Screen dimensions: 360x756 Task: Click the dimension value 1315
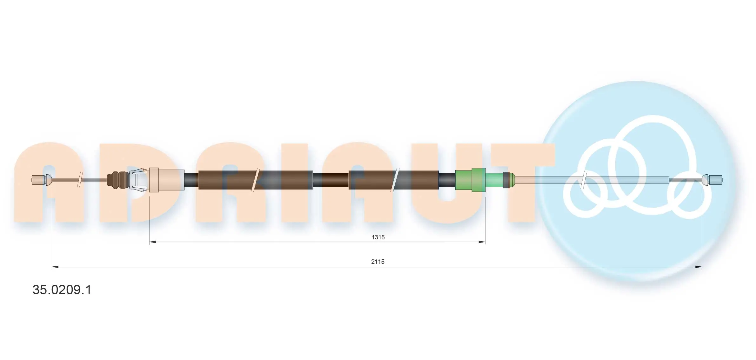[x=378, y=237]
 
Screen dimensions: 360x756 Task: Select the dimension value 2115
[x=378, y=262]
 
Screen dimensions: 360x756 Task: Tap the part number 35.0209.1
[x=62, y=290]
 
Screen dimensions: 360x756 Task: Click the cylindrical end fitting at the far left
[x=37, y=180]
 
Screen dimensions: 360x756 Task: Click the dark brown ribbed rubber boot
[x=117, y=180]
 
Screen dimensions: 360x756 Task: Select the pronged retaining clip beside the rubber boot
[x=138, y=180]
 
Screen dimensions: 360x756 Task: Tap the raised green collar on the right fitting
[x=478, y=180]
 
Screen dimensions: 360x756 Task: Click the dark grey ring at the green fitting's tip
[x=506, y=180]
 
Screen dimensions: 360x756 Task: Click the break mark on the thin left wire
[x=80, y=180]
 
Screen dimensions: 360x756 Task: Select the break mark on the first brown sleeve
[x=255, y=180]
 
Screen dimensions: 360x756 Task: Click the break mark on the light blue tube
[x=584, y=180]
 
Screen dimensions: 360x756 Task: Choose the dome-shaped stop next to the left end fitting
[x=48, y=180]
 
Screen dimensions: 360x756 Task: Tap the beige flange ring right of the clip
[x=154, y=180]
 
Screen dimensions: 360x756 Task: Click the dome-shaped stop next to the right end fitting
[x=705, y=180]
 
